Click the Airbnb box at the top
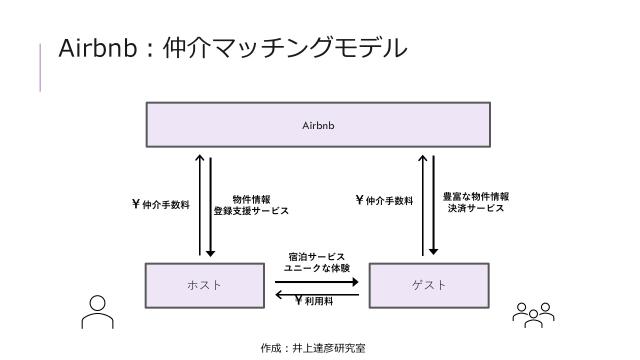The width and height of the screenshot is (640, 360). point(318,126)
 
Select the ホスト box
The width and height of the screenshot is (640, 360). point(204,285)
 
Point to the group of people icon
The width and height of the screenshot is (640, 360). point(533,313)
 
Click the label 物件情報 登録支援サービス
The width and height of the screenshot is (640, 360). point(251,205)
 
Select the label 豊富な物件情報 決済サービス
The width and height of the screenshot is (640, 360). point(475,202)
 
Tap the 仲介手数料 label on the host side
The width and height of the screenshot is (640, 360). point(160,205)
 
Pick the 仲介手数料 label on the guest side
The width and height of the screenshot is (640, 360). point(385,201)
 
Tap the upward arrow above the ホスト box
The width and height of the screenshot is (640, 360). point(199,205)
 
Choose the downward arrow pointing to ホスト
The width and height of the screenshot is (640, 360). point(211,205)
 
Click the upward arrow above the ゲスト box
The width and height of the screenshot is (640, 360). point(422,205)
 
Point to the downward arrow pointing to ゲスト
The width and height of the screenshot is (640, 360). point(433,205)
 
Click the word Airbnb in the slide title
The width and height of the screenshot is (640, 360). point(94,48)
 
